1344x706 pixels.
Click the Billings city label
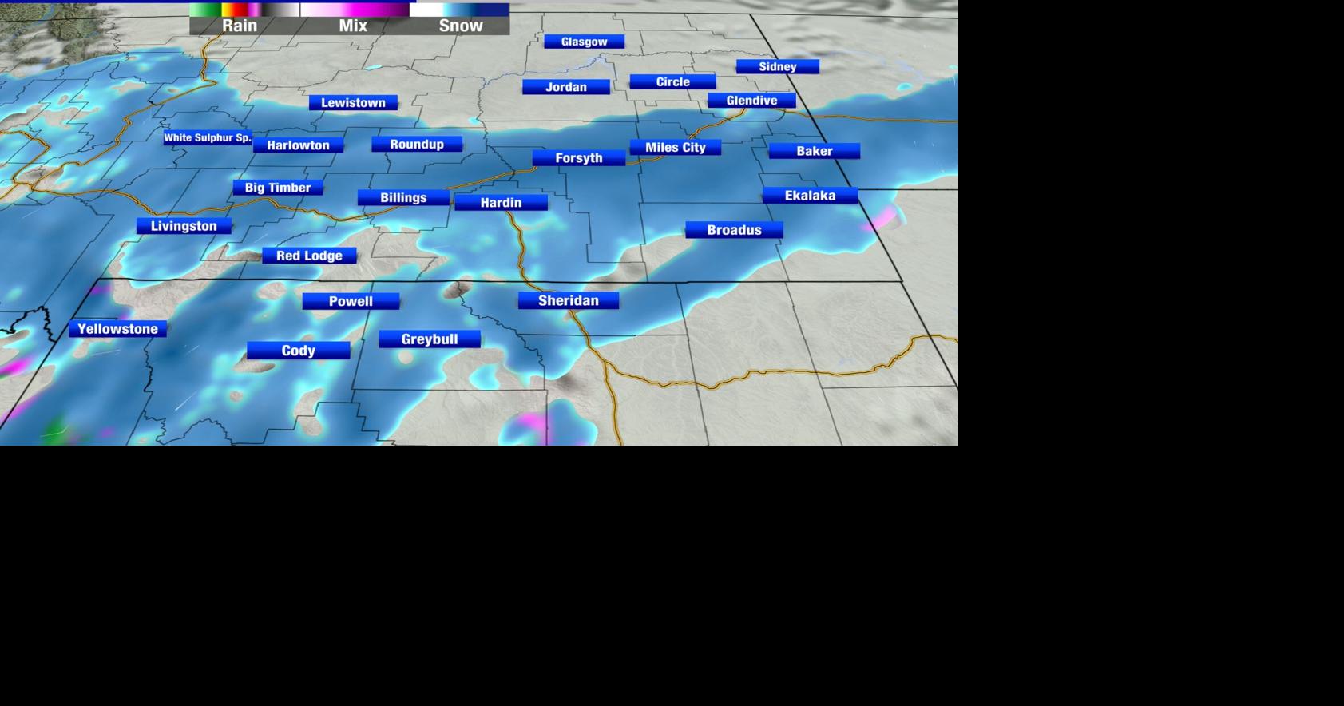(x=403, y=198)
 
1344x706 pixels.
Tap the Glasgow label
(x=584, y=42)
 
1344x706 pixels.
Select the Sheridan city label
(x=568, y=301)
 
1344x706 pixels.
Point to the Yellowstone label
(x=117, y=329)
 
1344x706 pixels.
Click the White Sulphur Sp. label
(x=208, y=138)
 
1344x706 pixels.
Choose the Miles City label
(x=675, y=148)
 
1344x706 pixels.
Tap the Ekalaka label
(x=810, y=196)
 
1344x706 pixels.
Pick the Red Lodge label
(x=309, y=256)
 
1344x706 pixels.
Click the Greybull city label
(x=429, y=339)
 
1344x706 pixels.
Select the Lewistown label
(x=353, y=103)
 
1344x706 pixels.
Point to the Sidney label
(x=777, y=67)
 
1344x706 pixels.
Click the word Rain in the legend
(x=240, y=26)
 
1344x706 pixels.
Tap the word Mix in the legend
(x=353, y=26)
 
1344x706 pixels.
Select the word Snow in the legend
(x=461, y=26)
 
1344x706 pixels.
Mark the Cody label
(x=298, y=351)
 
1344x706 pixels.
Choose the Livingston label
(x=184, y=227)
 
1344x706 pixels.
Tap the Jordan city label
(x=565, y=87)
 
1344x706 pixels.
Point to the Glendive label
(x=751, y=101)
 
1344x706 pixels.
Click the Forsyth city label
(x=578, y=158)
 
